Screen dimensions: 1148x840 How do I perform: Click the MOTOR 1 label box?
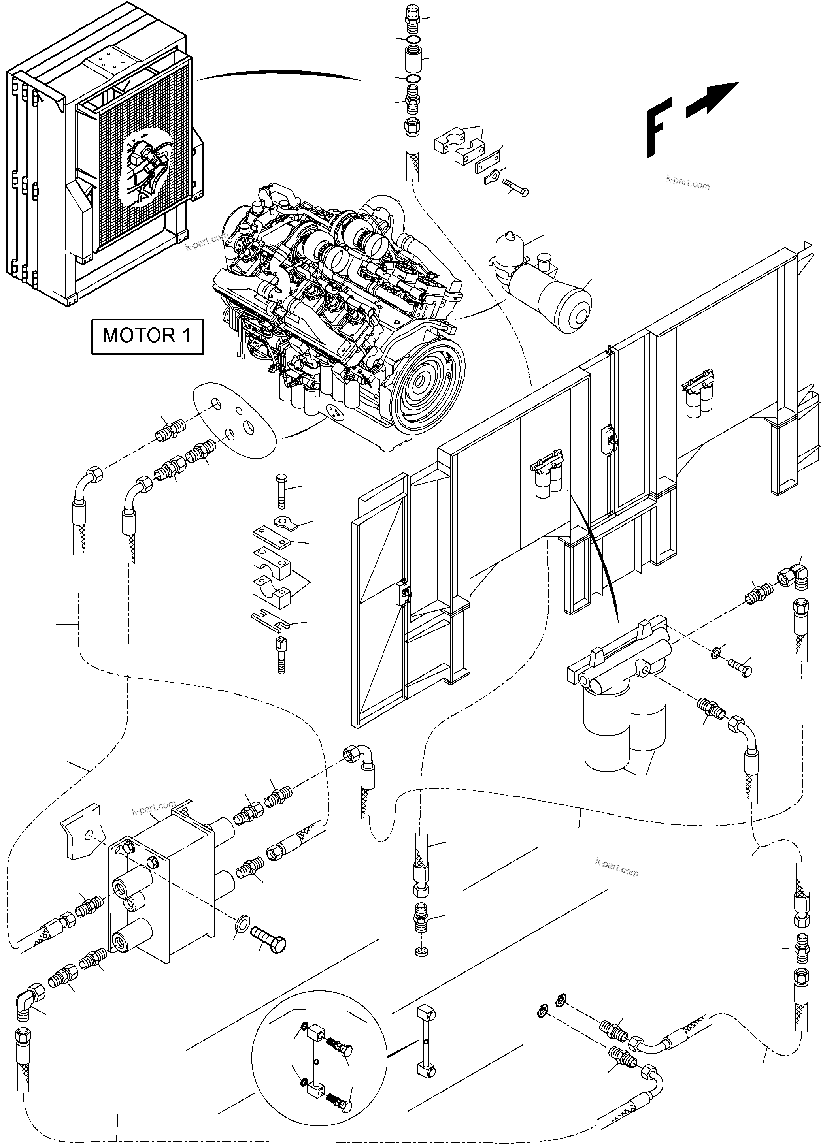click(x=147, y=336)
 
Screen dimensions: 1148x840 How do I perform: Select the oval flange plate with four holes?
click(x=235, y=420)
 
